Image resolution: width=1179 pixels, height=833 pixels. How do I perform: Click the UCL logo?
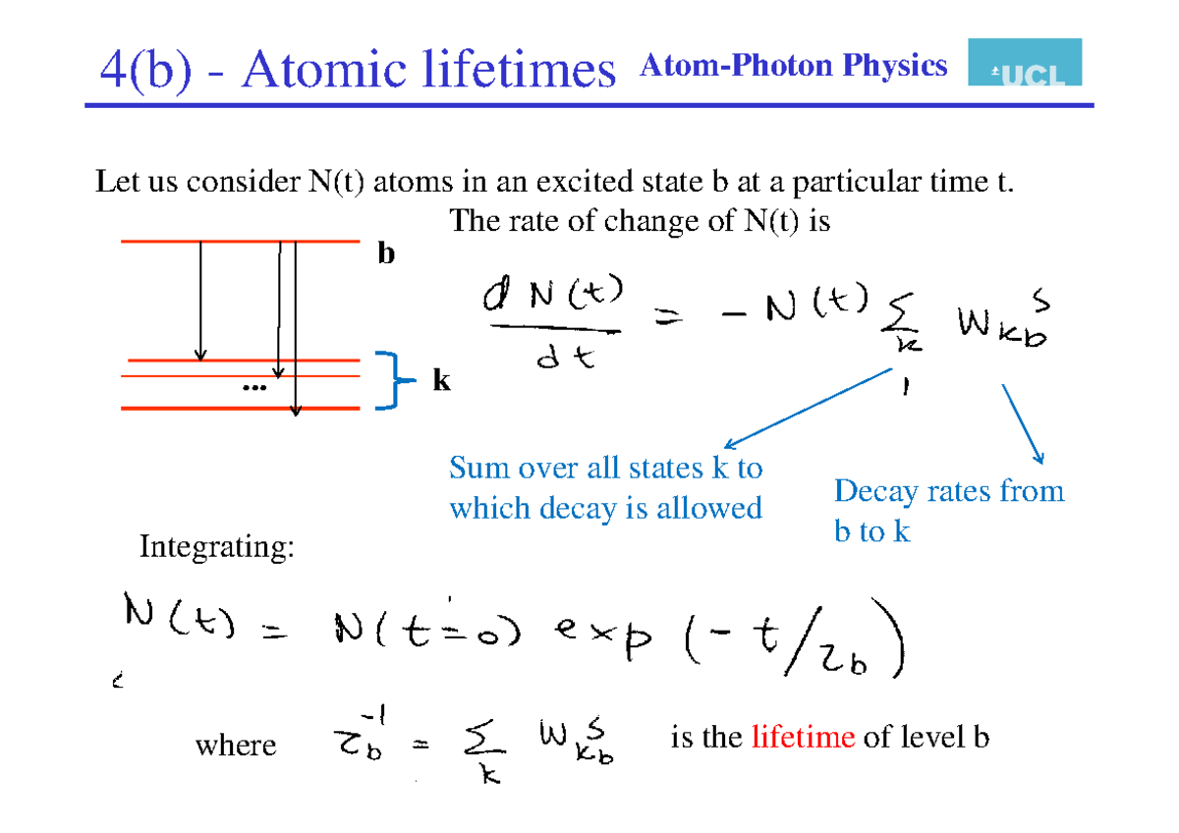tap(1025, 63)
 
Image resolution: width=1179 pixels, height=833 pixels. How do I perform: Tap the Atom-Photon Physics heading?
tap(793, 66)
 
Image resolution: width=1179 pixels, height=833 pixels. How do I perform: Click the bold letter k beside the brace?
tap(441, 381)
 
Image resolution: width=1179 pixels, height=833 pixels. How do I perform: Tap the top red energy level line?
tap(240, 241)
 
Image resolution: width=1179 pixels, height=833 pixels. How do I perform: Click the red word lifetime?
tap(803, 737)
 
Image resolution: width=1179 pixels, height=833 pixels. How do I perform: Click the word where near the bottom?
tap(236, 745)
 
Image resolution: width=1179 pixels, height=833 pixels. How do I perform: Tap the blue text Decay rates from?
tap(948, 490)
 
